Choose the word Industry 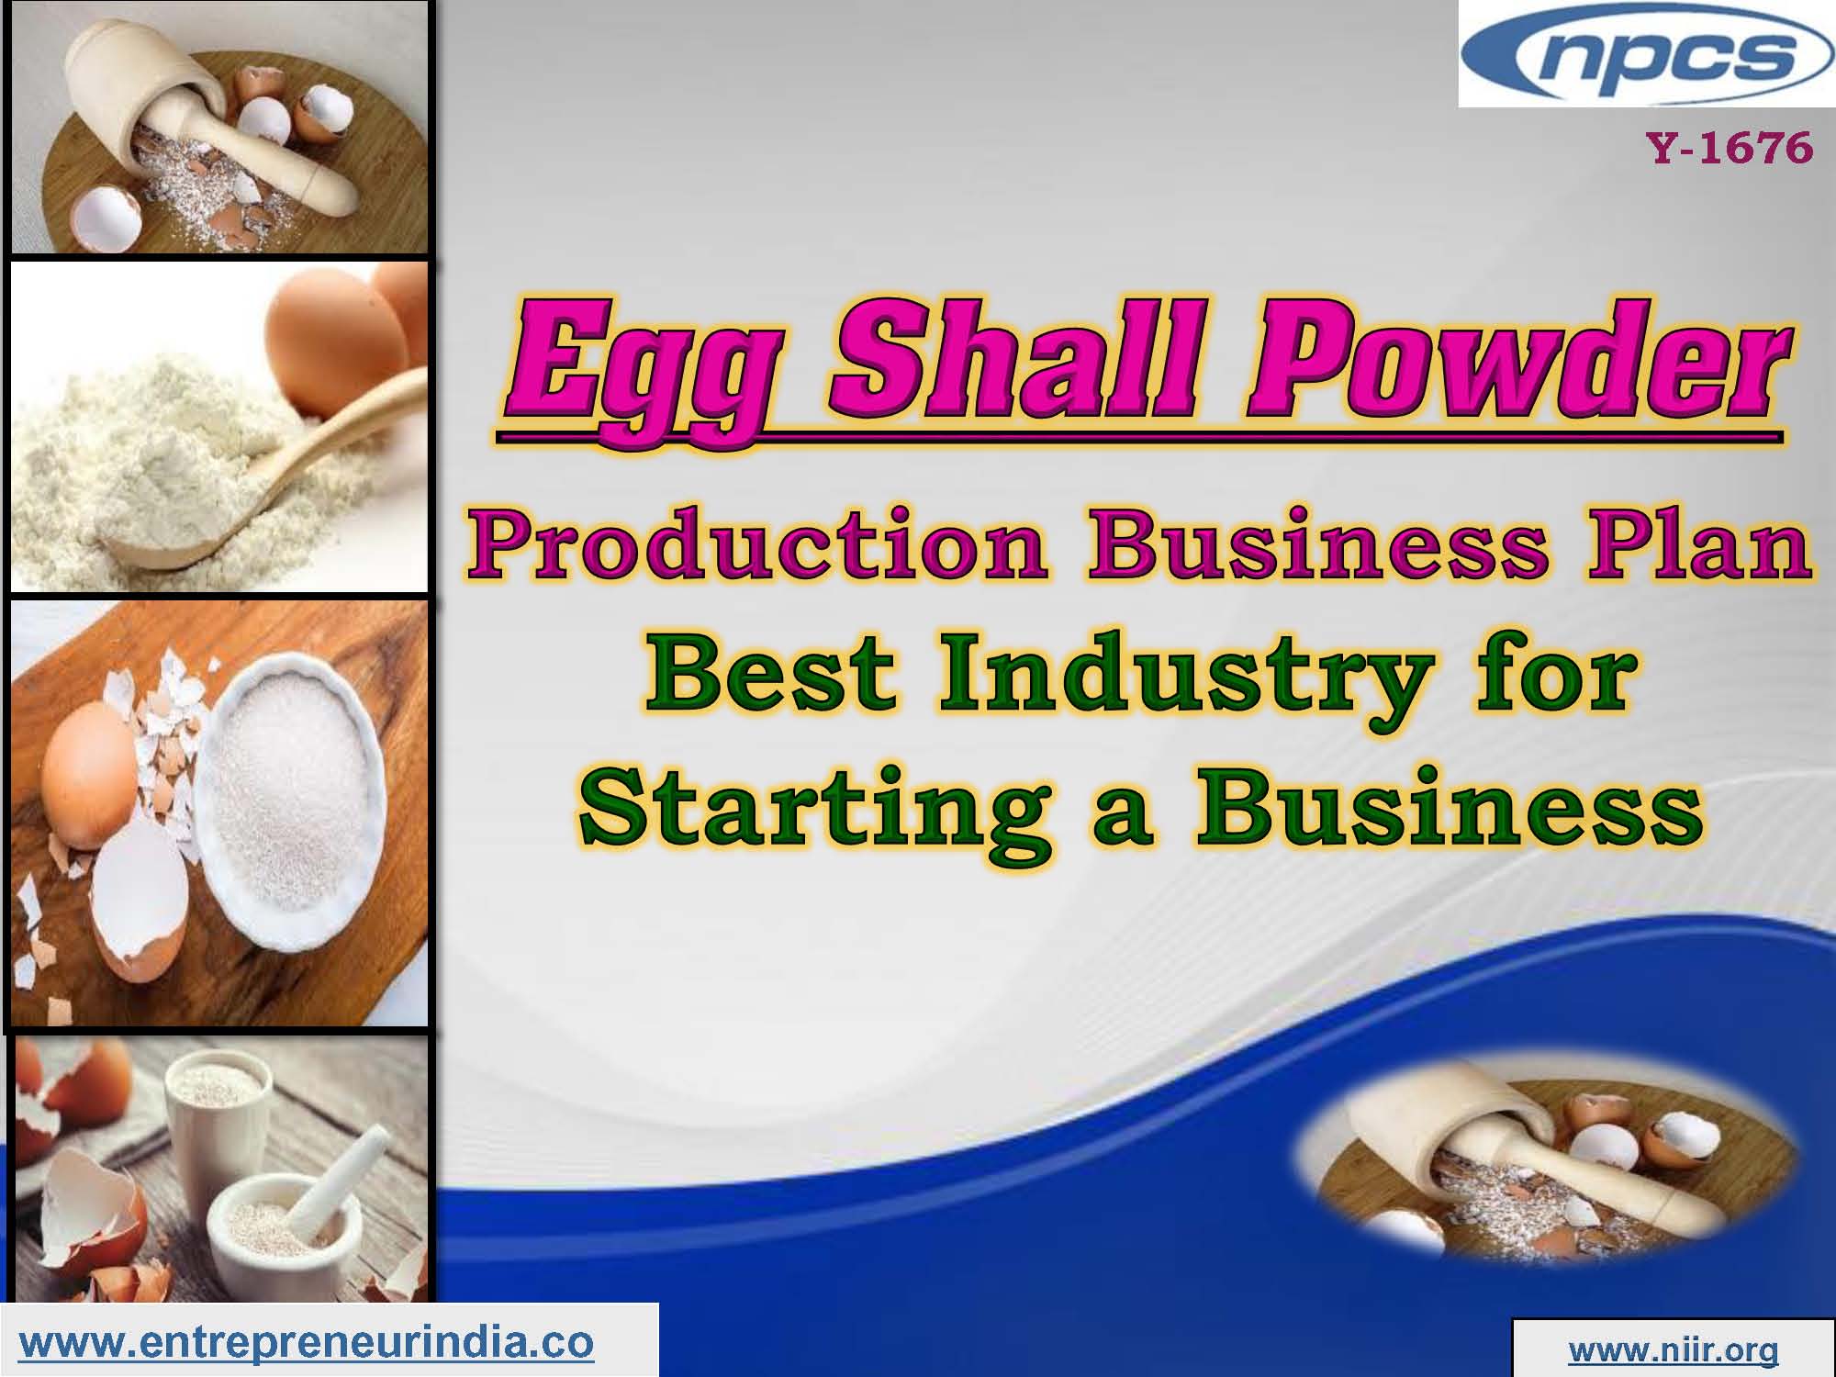[x=1179, y=679]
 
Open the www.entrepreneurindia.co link [x=307, y=1342]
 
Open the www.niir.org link [x=1673, y=1349]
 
